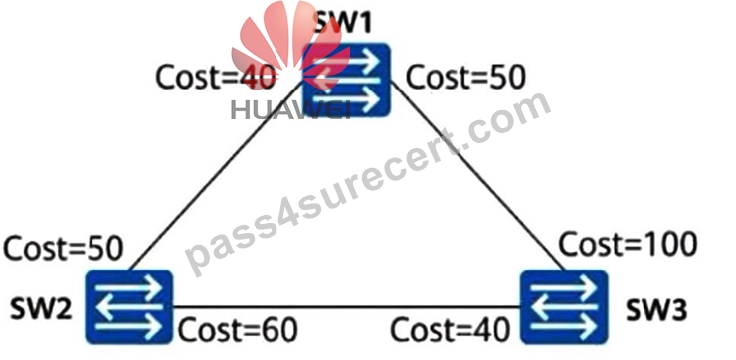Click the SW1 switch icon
click(346, 80)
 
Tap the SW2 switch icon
click(129, 307)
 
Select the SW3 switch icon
click(564, 307)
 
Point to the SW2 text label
click(41, 309)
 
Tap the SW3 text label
click(656, 309)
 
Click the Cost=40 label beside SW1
click(216, 77)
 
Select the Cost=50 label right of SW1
click(465, 77)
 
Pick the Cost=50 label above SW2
click(64, 248)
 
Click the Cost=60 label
click(238, 330)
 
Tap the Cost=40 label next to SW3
click(451, 330)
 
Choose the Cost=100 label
click(628, 244)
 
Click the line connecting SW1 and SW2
click(216, 176)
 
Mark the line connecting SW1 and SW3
click(477, 176)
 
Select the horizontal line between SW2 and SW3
click(346, 307)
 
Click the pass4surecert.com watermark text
click(368, 184)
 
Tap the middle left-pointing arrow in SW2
click(129, 307)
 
